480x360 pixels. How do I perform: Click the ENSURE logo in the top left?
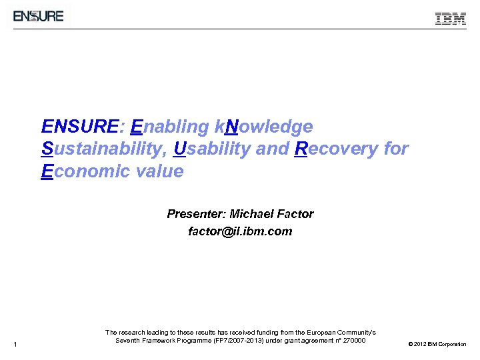click(39, 15)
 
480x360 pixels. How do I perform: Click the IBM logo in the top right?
click(451, 19)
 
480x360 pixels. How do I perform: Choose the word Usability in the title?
click(212, 149)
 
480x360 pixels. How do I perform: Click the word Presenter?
click(196, 214)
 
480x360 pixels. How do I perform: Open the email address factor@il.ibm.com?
click(240, 232)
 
